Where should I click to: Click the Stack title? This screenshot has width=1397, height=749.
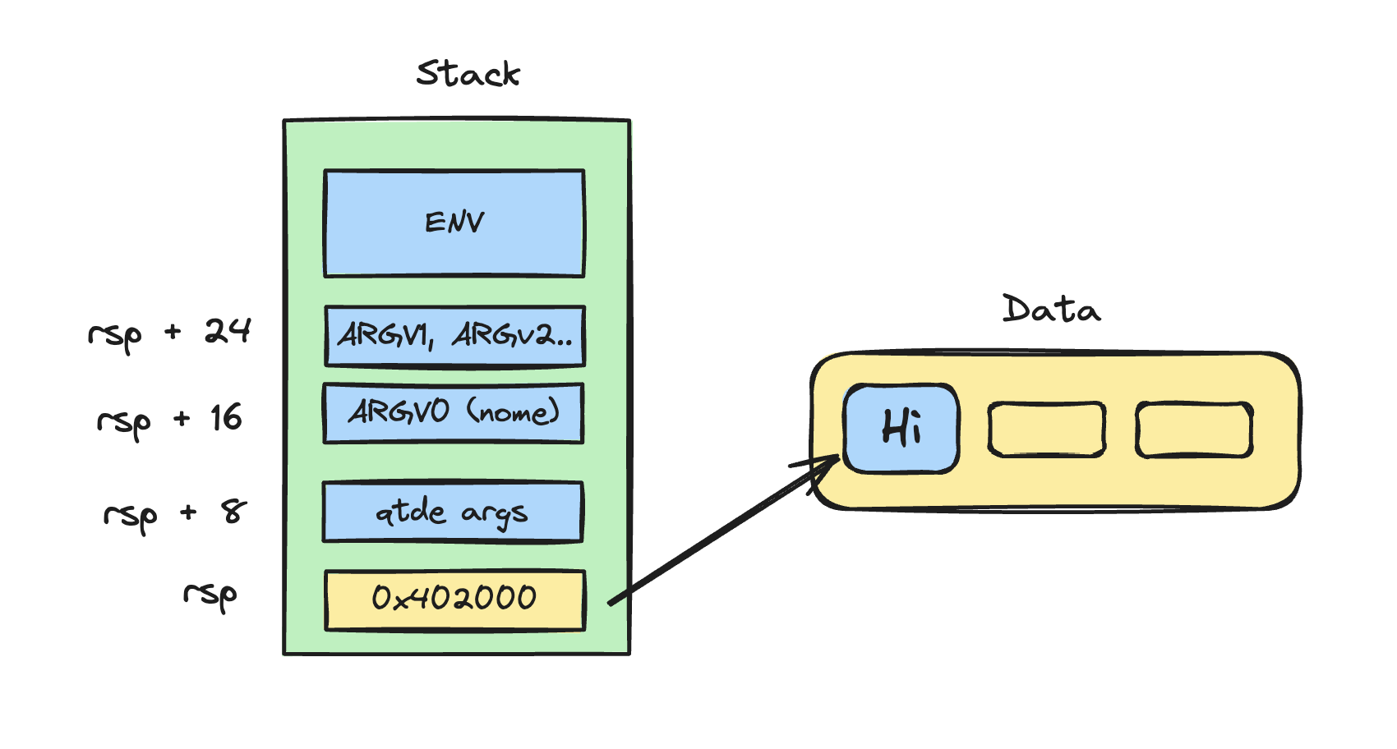468,74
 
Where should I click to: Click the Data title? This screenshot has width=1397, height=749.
1051,310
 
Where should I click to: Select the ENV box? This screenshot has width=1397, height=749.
454,223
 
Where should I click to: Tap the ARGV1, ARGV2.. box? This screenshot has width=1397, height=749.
454,336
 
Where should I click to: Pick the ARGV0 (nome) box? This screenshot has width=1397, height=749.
454,413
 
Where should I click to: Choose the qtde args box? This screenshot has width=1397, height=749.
453,512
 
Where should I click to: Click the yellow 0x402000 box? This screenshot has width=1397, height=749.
454,600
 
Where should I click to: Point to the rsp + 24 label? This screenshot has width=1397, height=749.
169,333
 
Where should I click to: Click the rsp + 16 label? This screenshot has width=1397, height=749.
169,420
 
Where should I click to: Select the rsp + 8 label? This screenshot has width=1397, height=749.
174,514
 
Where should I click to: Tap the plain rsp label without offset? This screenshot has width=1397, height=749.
210,595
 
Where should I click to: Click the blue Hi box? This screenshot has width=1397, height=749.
901,428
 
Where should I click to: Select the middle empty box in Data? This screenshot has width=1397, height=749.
1046,429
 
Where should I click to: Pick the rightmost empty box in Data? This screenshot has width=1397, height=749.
1194,429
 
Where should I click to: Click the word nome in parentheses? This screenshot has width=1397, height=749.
514,411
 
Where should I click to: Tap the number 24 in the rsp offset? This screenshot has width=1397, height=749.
227,331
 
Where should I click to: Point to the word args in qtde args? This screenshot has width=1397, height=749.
494,515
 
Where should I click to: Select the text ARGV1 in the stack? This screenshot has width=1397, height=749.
385,335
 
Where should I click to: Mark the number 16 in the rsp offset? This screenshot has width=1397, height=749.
226,418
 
